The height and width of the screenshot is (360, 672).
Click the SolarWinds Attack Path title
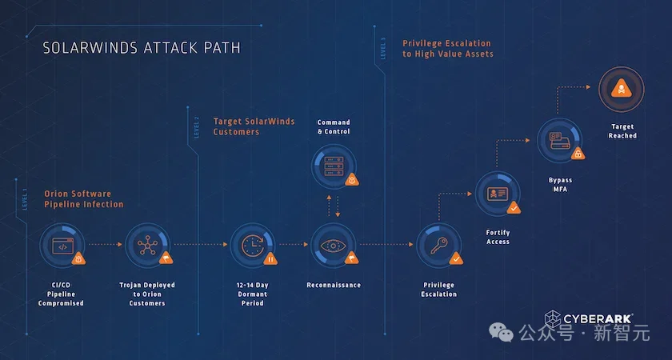[141, 48]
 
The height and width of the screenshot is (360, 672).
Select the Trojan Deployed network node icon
[146, 246]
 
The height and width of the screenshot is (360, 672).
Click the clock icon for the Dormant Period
[251, 246]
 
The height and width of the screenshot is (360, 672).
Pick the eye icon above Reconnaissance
[333, 246]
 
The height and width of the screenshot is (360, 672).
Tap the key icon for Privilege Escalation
[438, 246]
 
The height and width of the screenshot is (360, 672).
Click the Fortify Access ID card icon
[498, 195]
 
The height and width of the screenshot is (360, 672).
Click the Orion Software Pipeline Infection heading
[88, 199]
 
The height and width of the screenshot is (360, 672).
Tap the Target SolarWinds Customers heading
[254, 126]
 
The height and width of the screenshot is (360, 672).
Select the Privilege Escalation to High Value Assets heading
[447, 49]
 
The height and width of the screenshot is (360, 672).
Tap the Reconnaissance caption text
[333, 285]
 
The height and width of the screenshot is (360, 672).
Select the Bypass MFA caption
[561, 185]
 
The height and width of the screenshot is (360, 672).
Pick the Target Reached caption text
[623, 131]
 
